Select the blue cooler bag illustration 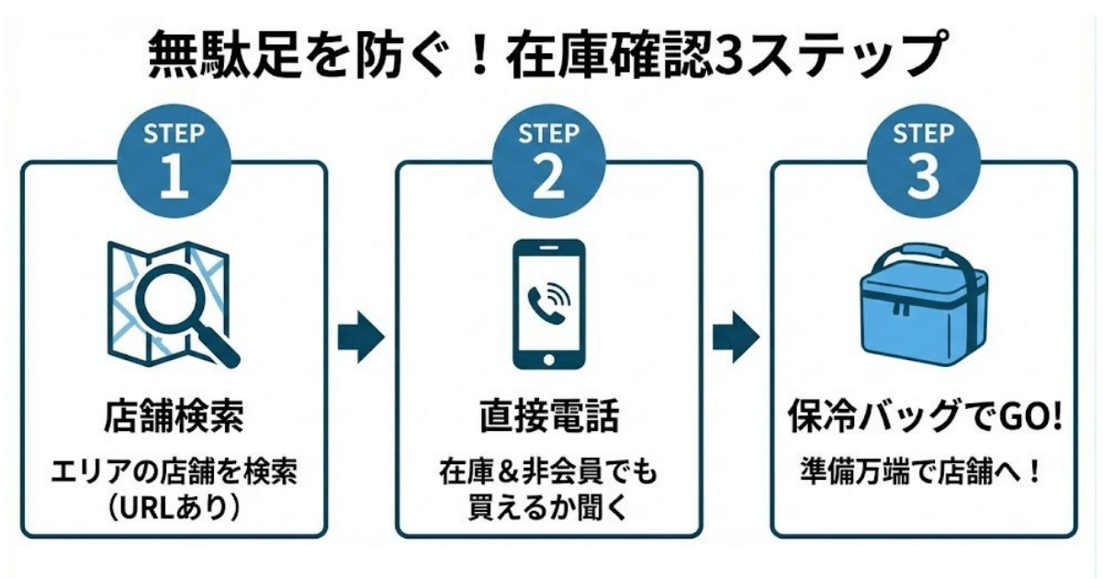923,308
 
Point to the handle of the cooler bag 923,253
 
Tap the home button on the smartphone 548,358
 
